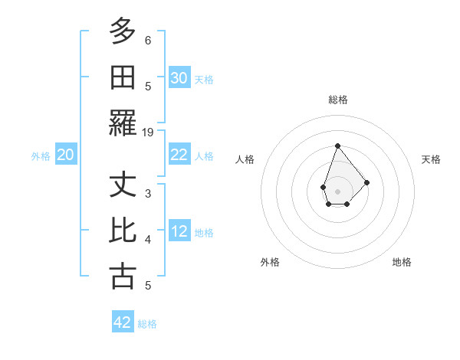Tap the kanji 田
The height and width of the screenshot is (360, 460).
pyautogui.click(x=123, y=77)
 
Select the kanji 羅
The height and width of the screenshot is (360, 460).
pyautogui.click(x=123, y=123)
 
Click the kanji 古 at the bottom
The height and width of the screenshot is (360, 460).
pyautogui.click(x=123, y=276)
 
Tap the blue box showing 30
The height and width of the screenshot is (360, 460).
pyautogui.click(x=179, y=77)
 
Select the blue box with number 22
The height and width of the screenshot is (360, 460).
pyautogui.click(x=179, y=155)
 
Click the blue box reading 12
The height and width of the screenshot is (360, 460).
pyautogui.click(x=179, y=231)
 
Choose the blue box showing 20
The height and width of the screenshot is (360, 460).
pyautogui.click(x=66, y=155)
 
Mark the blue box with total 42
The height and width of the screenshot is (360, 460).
pyautogui.click(x=123, y=322)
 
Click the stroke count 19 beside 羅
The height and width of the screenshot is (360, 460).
pyautogui.click(x=148, y=133)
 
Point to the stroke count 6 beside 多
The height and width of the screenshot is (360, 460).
pyautogui.click(x=148, y=40)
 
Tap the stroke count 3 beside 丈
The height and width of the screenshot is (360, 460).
pyautogui.click(x=148, y=193)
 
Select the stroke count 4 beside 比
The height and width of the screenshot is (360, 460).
pyautogui.click(x=148, y=240)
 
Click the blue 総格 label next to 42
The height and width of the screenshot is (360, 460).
pyautogui.click(x=147, y=324)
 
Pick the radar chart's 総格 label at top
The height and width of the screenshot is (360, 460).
pyautogui.click(x=337, y=100)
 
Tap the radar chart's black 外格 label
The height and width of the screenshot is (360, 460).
pyautogui.click(x=270, y=262)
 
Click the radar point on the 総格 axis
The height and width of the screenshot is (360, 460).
pyautogui.click(x=337, y=146)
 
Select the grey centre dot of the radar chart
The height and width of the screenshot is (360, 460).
pyautogui.click(x=337, y=191)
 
